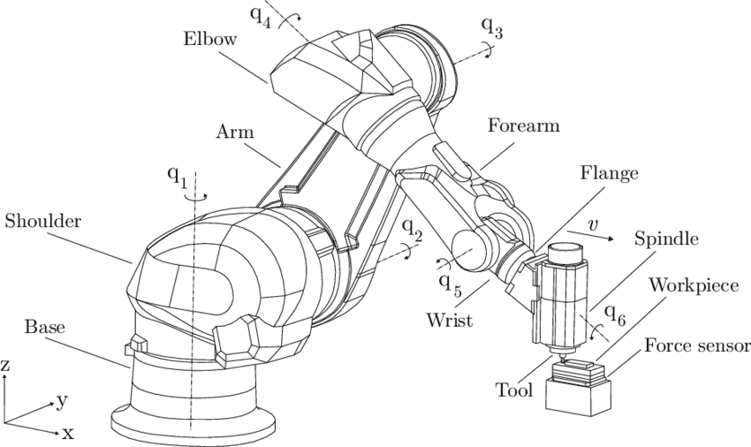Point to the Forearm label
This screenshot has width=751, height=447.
pos(524,126)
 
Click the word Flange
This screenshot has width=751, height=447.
pos(609,174)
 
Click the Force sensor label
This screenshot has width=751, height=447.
pos(696,345)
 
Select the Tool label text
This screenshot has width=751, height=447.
pos(516,389)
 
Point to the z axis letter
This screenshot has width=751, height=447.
pos(6,365)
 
